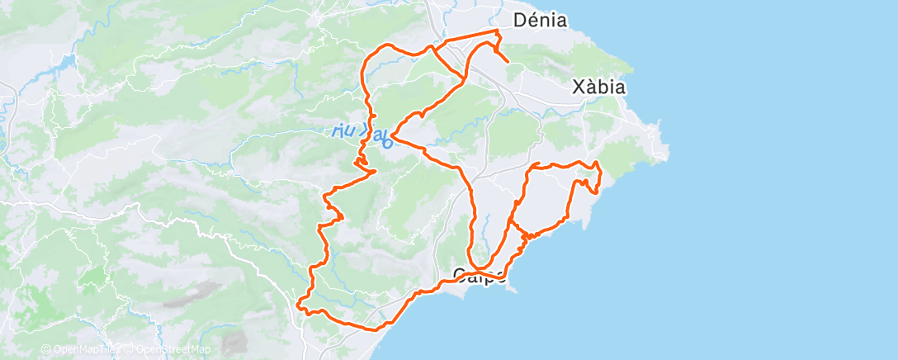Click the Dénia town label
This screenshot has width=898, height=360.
540,20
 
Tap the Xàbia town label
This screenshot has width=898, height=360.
598,87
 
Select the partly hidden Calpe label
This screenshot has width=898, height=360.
480,276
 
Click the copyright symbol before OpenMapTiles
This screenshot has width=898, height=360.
45,349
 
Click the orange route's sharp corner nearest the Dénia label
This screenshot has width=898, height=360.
498,31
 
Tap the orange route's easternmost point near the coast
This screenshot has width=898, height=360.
600,173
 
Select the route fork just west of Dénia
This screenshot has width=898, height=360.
432,48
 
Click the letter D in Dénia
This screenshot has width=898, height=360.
519,20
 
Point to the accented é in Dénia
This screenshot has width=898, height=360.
532,20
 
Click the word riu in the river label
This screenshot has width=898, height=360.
342,130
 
